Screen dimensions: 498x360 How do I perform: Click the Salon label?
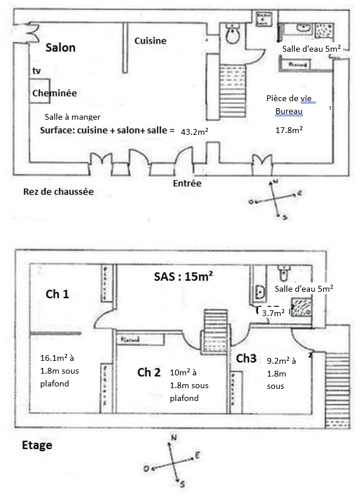60,48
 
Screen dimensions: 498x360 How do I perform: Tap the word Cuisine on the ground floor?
150,41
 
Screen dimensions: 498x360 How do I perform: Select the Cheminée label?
55,93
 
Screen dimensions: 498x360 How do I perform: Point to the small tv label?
37,71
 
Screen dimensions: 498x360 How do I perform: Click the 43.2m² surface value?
195,132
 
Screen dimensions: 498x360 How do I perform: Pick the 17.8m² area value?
288,130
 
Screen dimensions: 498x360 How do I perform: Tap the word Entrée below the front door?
187,183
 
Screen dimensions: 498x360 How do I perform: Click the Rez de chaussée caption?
58,191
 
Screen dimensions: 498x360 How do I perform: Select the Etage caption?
37,446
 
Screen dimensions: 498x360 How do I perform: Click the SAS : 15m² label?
181,277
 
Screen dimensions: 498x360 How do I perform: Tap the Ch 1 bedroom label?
57,295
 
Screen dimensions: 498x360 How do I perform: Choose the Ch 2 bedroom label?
149,372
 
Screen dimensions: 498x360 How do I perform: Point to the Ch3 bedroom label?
246,359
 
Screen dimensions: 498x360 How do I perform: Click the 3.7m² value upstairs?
273,313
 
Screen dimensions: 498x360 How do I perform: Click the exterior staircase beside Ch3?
336,378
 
